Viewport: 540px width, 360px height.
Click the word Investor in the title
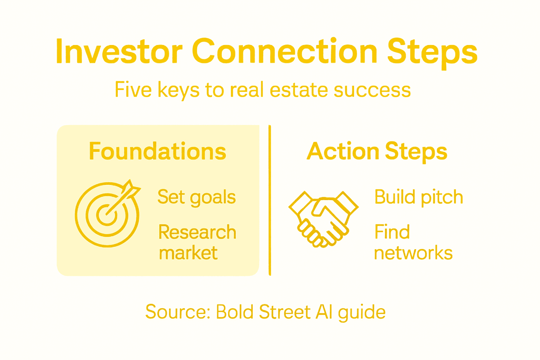click(119, 52)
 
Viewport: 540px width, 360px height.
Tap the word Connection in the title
click(284, 52)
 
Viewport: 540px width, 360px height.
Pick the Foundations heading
click(157, 152)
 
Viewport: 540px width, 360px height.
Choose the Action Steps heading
click(377, 152)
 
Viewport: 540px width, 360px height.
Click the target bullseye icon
click(107, 214)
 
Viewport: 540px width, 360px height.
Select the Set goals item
click(196, 197)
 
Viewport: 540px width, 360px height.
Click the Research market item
click(197, 243)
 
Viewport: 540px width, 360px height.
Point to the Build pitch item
click(418, 197)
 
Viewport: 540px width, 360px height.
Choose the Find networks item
click(413, 243)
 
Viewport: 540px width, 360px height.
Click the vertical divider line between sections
click(270, 200)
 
